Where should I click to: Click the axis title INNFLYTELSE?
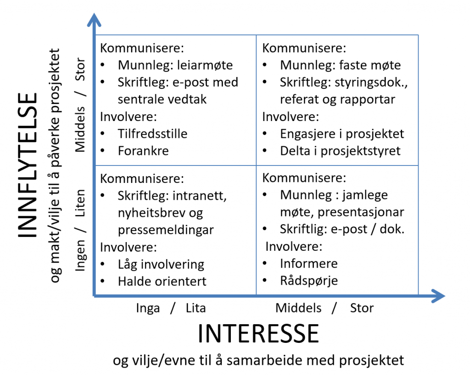click(x=27, y=165)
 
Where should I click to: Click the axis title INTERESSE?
click(x=258, y=333)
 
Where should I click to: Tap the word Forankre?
click(x=143, y=151)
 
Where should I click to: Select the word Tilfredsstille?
click(x=152, y=134)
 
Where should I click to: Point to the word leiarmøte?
click(x=205, y=65)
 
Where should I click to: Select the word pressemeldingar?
click(x=166, y=230)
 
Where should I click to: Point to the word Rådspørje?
click(x=309, y=281)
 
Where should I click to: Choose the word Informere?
click(x=309, y=264)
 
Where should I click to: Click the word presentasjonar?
click(x=361, y=212)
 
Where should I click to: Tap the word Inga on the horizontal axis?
click(x=148, y=308)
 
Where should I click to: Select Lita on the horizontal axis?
click(x=196, y=308)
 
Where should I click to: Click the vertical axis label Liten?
click(x=80, y=203)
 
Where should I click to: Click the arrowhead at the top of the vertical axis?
click(x=94, y=19)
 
